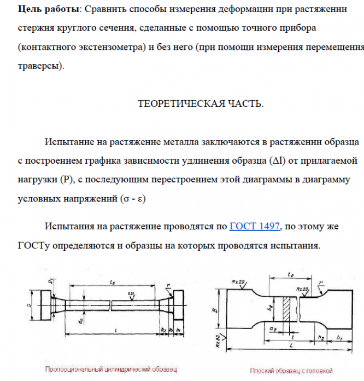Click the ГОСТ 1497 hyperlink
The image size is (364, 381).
coord(255,226)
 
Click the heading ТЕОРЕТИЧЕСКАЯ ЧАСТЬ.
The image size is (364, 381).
coord(200,104)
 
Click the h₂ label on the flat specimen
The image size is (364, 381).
coord(320,337)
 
